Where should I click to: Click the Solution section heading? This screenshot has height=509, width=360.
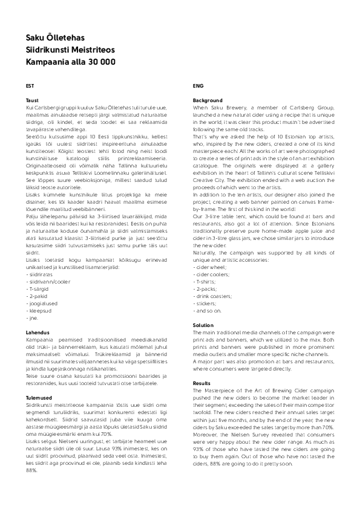203,325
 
